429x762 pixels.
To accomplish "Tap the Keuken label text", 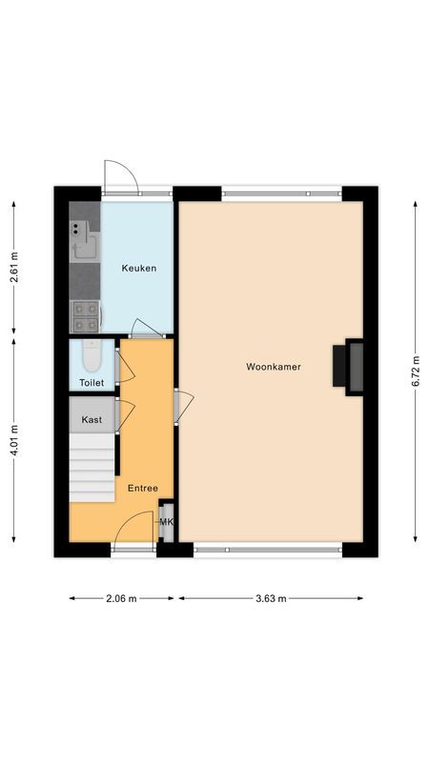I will pos(138,269).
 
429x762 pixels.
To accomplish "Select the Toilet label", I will pos(92,383).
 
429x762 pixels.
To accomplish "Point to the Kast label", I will pos(92,419).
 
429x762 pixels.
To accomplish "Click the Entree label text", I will pos(144,489).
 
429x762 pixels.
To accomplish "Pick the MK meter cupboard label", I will pos(166,522).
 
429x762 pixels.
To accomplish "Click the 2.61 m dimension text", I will pos(13,268).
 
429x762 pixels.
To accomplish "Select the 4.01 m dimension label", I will pos(13,440).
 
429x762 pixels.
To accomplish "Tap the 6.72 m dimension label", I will pos(416,371).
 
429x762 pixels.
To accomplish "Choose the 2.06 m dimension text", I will pos(122,598).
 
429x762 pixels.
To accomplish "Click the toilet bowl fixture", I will pos(92,357).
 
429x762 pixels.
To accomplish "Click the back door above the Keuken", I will pos(121,176).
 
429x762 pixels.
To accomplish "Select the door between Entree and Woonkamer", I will pos(181,406).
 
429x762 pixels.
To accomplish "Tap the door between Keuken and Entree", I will pos(147,330).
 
